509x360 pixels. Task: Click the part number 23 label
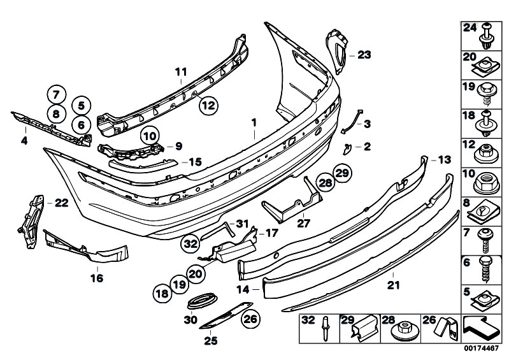(364, 55)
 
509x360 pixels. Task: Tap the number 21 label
(394, 285)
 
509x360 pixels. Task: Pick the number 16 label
(97, 278)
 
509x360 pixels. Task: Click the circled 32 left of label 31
(190, 242)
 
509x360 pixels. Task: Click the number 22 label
(61, 203)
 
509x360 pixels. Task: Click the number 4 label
(25, 138)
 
